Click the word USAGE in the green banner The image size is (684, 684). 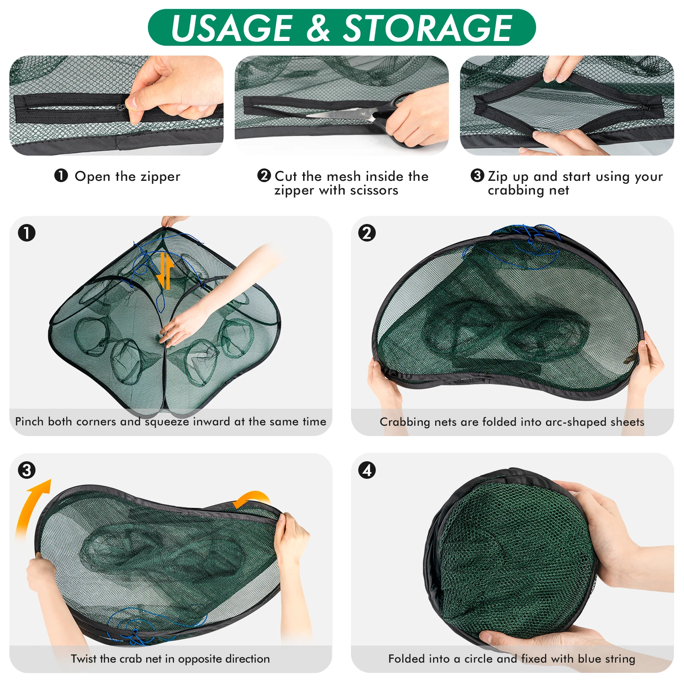click(x=231, y=28)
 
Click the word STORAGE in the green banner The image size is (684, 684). click(x=427, y=28)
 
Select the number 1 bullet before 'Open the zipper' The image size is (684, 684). click(x=61, y=175)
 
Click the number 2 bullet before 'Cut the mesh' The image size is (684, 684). click(x=264, y=175)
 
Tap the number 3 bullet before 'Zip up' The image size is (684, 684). click(x=477, y=175)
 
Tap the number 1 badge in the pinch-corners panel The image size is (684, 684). click(x=27, y=233)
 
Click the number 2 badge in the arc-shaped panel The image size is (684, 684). click(x=367, y=233)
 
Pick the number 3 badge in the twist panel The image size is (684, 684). click(x=27, y=470)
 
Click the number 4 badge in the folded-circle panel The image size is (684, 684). click(x=367, y=470)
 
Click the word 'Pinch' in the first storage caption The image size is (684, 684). click(x=29, y=422)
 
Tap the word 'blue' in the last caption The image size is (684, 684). click(x=589, y=659)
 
